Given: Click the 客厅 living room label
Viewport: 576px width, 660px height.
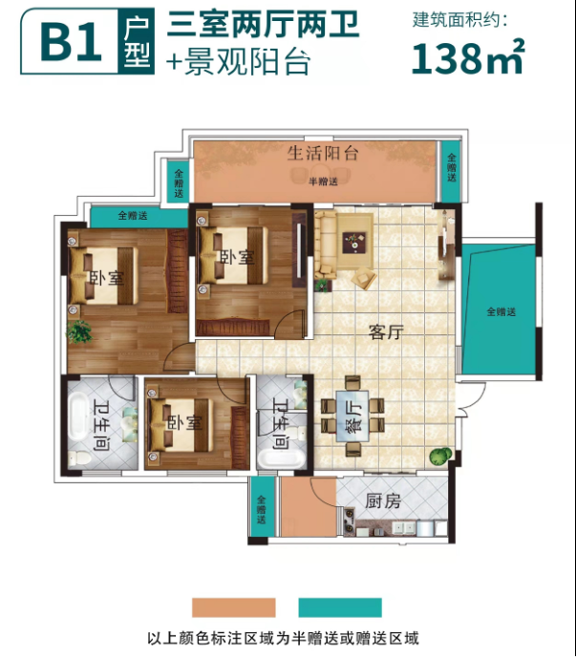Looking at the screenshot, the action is coord(386,332).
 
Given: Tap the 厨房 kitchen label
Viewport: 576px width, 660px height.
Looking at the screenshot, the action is coord(383,501).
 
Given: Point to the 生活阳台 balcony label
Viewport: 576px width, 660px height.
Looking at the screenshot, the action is coord(323,153).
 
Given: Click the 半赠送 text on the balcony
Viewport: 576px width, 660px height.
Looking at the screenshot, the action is coord(323,181).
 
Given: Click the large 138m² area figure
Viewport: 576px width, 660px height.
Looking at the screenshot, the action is coord(468,56).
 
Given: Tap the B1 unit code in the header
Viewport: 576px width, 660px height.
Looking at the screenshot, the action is coord(71,42).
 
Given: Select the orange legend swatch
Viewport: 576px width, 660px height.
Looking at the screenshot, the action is coord(234,607).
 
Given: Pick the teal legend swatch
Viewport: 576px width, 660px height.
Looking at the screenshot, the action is coord(340,607).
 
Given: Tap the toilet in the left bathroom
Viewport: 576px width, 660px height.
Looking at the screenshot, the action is coord(79,458).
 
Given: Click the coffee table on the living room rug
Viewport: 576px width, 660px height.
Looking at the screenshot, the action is coord(353,243).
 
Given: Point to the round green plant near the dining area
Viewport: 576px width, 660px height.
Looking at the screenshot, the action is coord(440,457).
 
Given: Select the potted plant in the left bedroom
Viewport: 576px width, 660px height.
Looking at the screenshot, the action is coord(79,330).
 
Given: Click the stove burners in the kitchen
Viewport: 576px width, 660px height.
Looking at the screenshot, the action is coord(349,522).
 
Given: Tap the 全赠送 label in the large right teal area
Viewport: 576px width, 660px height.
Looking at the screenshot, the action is coord(501,312).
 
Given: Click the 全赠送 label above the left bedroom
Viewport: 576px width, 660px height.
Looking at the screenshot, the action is coord(133,216).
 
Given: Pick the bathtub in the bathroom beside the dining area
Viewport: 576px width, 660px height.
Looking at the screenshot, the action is coord(282,458).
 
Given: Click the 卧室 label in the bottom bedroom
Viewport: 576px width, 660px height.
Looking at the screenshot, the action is coord(184,423).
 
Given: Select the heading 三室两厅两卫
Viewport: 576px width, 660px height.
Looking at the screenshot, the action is coord(263,25).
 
